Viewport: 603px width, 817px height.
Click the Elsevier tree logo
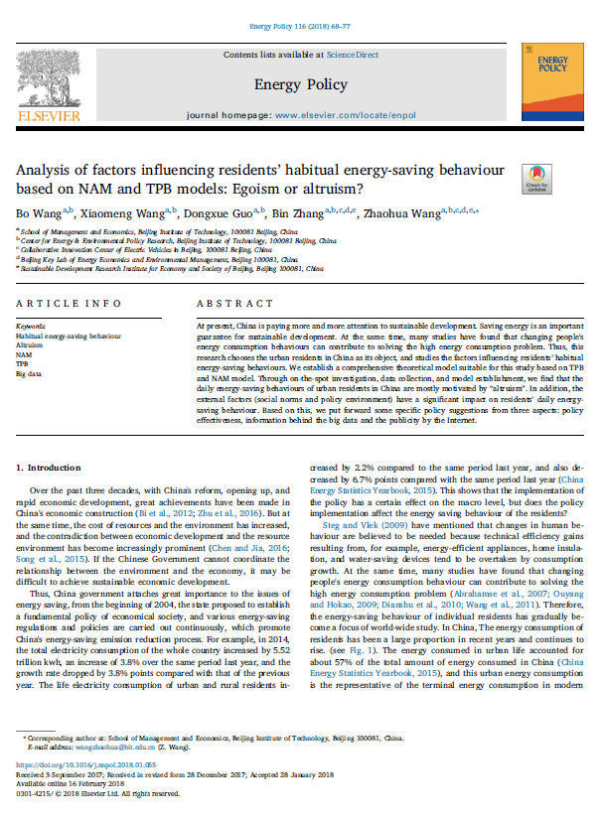click(41, 77)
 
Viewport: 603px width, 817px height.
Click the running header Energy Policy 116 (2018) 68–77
click(300, 12)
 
